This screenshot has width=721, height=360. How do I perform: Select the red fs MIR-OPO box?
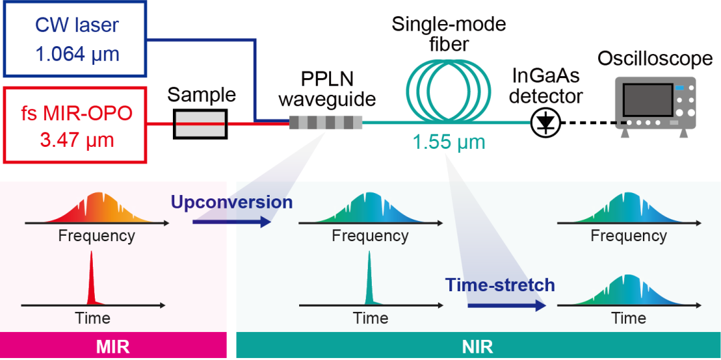75,124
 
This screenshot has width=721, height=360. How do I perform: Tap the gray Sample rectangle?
200,124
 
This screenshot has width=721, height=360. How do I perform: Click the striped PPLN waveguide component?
326,123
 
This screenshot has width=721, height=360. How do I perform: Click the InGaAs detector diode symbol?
547,122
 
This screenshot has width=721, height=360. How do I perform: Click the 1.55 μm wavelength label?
449,143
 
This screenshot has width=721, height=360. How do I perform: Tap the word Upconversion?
232,202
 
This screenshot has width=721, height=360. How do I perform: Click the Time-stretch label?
500,285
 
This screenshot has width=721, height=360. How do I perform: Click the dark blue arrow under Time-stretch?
505,306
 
